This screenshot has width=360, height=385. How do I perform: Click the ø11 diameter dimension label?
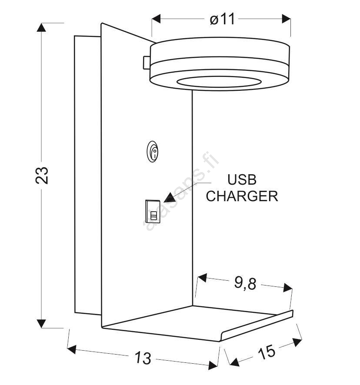click(x=222, y=19)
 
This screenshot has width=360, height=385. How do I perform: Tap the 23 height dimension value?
click(x=42, y=175)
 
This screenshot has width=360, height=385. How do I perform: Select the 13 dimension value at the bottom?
click(x=143, y=358)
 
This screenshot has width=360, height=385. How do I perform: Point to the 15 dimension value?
click(x=267, y=352)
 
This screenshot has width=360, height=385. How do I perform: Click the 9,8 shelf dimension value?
click(x=245, y=283)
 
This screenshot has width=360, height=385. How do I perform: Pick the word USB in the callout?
click(x=242, y=180)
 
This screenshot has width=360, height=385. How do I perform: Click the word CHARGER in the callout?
click(x=242, y=196)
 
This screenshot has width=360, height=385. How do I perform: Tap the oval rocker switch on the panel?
click(x=153, y=152)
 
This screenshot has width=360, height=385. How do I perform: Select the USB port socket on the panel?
click(x=153, y=212)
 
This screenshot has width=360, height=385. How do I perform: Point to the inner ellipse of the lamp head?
click(x=219, y=82)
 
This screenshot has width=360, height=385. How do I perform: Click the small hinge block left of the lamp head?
click(x=147, y=63)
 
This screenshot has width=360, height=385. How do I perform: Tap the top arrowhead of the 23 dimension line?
click(x=41, y=27)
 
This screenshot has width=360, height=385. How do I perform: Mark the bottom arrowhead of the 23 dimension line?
click(x=41, y=324)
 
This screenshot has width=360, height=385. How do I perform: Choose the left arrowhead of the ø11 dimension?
click(x=156, y=19)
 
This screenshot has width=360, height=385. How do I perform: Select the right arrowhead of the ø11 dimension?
click(x=286, y=19)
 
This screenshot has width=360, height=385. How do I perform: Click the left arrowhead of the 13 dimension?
click(x=71, y=349)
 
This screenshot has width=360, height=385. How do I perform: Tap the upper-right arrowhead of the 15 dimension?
click(x=297, y=342)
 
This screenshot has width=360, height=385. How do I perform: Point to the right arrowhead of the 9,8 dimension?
click(x=288, y=288)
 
